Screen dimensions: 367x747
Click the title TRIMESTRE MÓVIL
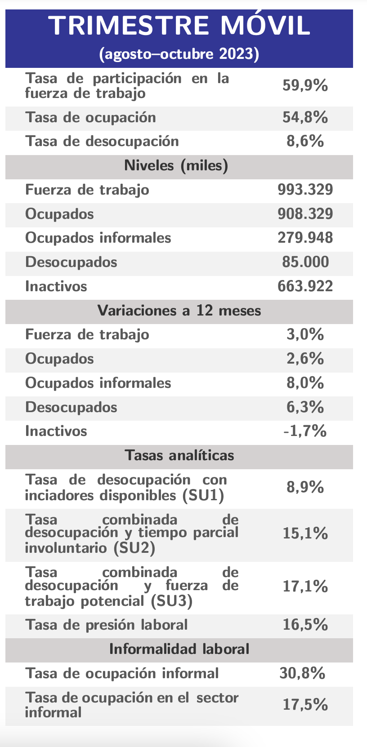(x=179, y=26)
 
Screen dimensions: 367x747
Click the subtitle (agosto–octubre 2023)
(x=179, y=54)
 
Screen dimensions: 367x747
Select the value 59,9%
(x=305, y=85)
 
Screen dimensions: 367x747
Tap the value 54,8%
(x=305, y=117)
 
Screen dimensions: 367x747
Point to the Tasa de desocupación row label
(x=102, y=142)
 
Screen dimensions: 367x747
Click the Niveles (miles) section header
(x=176, y=166)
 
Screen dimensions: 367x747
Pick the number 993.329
(x=305, y=189)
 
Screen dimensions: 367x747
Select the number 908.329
(x=305, y=214)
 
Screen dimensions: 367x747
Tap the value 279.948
(x=305, y=238)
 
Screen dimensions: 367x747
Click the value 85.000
(x=305, y=262)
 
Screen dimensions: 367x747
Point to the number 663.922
(x=305, y=286)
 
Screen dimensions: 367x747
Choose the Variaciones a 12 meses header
(x=179, y=311)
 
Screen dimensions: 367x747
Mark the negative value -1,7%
(x=305, y=431)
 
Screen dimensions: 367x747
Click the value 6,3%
(x=305, y=407)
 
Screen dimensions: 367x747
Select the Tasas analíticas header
(x=179, y=455)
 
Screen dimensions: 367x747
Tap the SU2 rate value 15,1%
(x=305, y=533)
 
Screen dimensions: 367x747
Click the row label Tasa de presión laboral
(x=107, y=625)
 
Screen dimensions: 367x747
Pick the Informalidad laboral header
(x=179, y=649)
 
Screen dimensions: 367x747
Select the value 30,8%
(x=302, y=673)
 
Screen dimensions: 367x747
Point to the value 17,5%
(x=305, y=704)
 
